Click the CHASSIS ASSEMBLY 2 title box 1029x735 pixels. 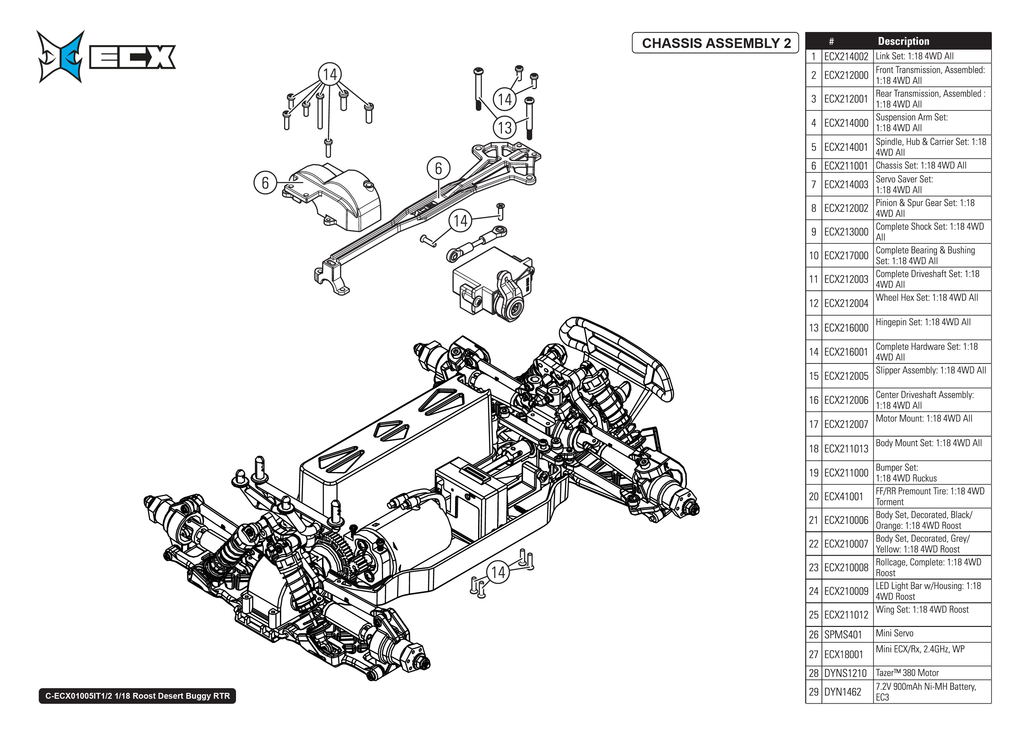tap(715, 43)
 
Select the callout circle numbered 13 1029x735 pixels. tap(504, 128)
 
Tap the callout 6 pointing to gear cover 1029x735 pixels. tap(265, 183)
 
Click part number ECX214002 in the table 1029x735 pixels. tap(846, 56)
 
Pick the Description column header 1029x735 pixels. tap(903, 41)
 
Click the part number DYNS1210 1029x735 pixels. tap(845, 673)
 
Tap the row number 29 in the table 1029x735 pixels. tap(813, 692)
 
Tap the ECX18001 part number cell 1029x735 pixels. tap(844, 654)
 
